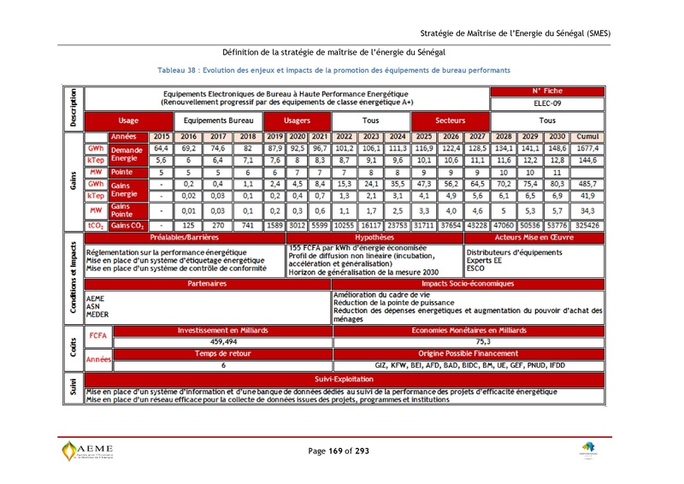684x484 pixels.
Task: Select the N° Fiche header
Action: tap(546, 91)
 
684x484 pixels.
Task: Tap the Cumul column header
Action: tap(588, 137)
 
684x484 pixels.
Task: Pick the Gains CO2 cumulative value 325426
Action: tap(588, 225)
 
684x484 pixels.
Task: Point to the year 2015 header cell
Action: tap(160, 137)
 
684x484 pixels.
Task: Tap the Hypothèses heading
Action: tap(374, 237)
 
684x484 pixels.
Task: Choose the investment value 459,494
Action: tap(222, 341)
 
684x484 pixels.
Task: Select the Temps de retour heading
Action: tap(222, 352)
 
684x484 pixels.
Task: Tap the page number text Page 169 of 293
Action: tap(339, 451)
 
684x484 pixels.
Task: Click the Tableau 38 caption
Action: tap(334, 69)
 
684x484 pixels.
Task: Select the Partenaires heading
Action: tap(209, 283)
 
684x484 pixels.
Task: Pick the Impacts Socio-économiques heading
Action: tap(467, 283)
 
